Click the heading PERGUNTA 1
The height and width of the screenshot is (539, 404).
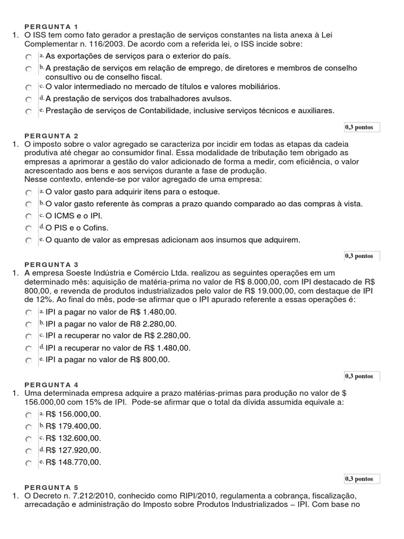tap(51, 26)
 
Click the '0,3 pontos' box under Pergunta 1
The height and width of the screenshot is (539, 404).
tap(362, 127)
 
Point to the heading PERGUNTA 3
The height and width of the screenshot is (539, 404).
tap(51, 264)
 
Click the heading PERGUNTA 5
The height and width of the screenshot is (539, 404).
tap(51, 487)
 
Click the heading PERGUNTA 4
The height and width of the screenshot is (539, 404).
tap(51, 384)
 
